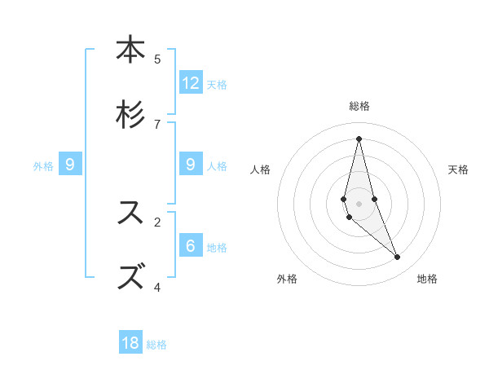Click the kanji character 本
(x=130, y=51)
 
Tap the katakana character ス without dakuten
(x=130, y=212)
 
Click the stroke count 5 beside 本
(x=157, y=59)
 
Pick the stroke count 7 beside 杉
(x=157, y=124)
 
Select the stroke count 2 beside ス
(x=157, y=222)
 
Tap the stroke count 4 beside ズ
(x=157, y=287)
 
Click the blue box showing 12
(x=191, y=83)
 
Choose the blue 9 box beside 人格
(x=191, y=165)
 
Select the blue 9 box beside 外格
(x=70, y=165)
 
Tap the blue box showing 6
(x=191, y=246)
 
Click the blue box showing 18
(x=130, y=343)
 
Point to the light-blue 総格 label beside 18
(x=156, y=345)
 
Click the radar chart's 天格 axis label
(x=458, y=169)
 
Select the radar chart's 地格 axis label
(x=427, y=279)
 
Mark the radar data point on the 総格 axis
(x=359, y=139)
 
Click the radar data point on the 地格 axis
(x=398, y=258)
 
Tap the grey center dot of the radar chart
(x=359, y=203)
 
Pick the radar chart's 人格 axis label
(x=261, y=169)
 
